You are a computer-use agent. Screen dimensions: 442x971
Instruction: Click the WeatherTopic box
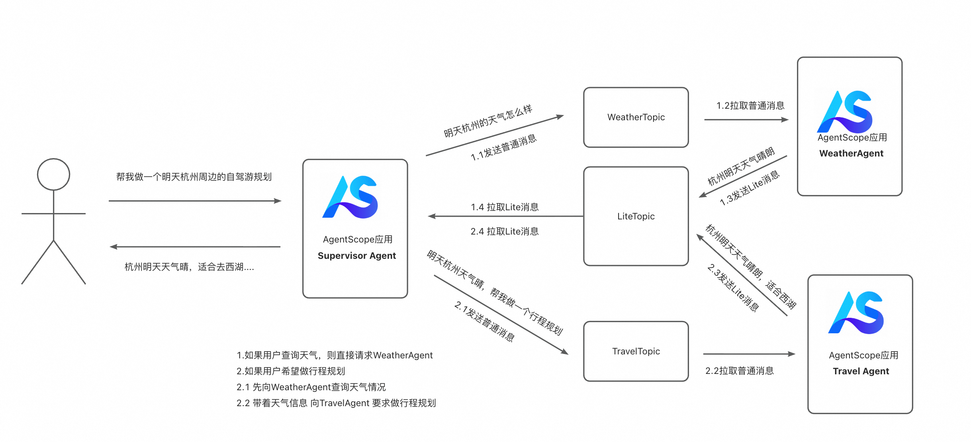click(636, 117)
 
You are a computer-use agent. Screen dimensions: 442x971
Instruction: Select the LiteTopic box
click(636, 216)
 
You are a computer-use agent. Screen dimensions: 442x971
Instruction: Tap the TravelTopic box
click(636, 351)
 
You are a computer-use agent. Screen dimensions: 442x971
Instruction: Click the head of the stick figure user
click(53, 174)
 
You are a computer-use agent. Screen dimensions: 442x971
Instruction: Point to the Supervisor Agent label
click(356, 256)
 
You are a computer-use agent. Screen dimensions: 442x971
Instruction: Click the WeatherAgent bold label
click(851, 153)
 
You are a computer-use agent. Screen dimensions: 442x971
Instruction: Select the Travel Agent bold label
click(861, 371)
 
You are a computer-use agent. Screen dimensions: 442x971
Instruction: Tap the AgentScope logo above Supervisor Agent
click(350, 197)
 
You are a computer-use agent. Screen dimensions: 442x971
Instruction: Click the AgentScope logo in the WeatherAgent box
click(845, 112)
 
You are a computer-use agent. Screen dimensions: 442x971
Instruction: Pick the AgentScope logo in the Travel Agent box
click(856, 313)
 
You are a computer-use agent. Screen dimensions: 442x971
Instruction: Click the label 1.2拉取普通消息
click(750, 106)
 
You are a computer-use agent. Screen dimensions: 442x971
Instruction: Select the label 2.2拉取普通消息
click(739, 371)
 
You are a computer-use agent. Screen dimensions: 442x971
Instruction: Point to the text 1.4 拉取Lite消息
click(505, 207)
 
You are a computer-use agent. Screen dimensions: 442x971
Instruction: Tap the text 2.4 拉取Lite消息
click(505, 231)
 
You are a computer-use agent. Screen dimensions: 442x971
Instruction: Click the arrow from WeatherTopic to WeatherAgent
click(746, 119)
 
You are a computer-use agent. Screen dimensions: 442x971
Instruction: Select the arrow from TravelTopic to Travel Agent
click(749, 354)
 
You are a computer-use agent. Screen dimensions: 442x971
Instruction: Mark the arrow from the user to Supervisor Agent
click(195, 201)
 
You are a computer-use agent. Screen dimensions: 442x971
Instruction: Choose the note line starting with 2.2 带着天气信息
click(336, 403)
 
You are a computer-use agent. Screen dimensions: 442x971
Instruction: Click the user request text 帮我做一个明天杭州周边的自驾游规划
click(194, 177)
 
